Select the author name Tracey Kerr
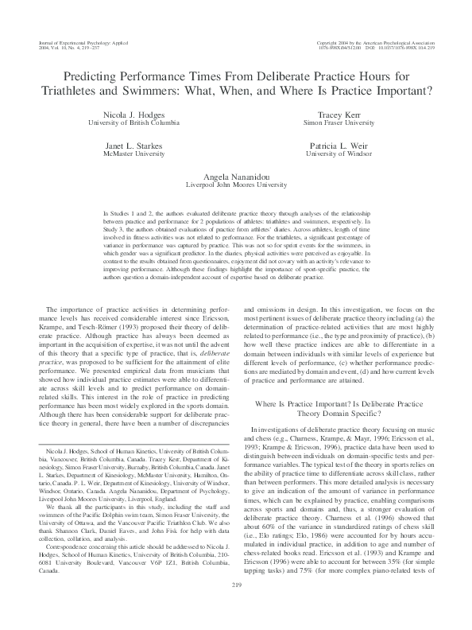pyautogui.click(x=339, y=115)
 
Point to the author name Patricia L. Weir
pyautogui.click(x=339, y=147)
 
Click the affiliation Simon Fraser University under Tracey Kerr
pyautogui.click(x=339, y=123)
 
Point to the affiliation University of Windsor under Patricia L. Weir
pyautogui.click(x=339, y=155)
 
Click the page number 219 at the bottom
pyautogui.click(x=236, y=609)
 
